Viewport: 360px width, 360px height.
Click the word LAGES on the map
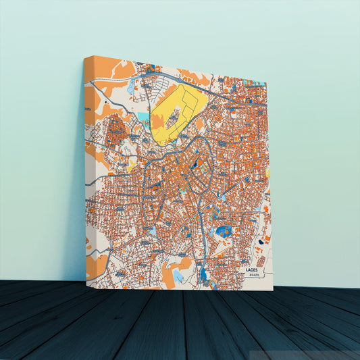point(253,269)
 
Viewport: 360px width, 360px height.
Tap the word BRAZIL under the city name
point(254,276)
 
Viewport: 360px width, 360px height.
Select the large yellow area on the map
point(177,111)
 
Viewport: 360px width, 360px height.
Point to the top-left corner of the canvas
point(84,57)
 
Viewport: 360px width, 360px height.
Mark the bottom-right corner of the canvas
point(273,290)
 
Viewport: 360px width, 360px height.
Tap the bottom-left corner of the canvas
point(86,281)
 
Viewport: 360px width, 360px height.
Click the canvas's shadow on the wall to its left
point(76,203)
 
